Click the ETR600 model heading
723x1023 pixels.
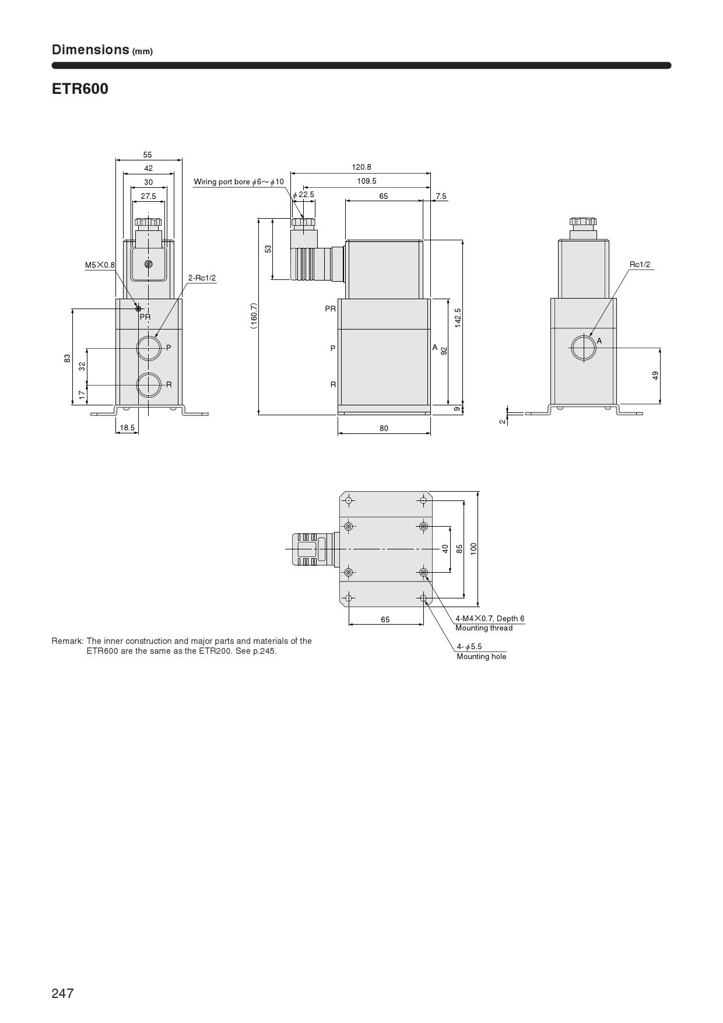(80, 89)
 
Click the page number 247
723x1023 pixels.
(63, 993)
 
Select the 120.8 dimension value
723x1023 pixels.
(361, 167)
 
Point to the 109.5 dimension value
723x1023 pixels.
(367, 181)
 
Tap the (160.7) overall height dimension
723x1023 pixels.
(254, 316)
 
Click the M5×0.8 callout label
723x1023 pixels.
(100, 265)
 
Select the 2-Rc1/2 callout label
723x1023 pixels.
(202, 278)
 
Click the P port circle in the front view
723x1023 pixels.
(149, 348)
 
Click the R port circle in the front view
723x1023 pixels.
(149, 384)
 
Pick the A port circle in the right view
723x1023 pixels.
(583, 348)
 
